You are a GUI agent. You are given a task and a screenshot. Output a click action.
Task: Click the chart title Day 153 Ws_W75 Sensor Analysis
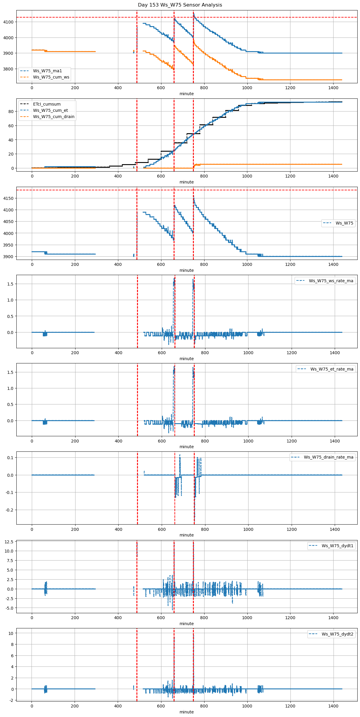point(180,5)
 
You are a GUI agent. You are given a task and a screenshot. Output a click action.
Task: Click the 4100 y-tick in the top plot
point(8,22)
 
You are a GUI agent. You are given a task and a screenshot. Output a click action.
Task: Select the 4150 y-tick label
point(8,198)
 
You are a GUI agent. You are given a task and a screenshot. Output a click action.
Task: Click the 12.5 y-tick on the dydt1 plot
point(9,542)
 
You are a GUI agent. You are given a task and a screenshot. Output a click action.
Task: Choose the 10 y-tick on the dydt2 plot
point(11,633)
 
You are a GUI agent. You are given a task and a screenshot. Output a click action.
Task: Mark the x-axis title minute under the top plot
point(186,94)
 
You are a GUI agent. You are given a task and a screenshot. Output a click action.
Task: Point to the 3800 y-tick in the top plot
point(8,69)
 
